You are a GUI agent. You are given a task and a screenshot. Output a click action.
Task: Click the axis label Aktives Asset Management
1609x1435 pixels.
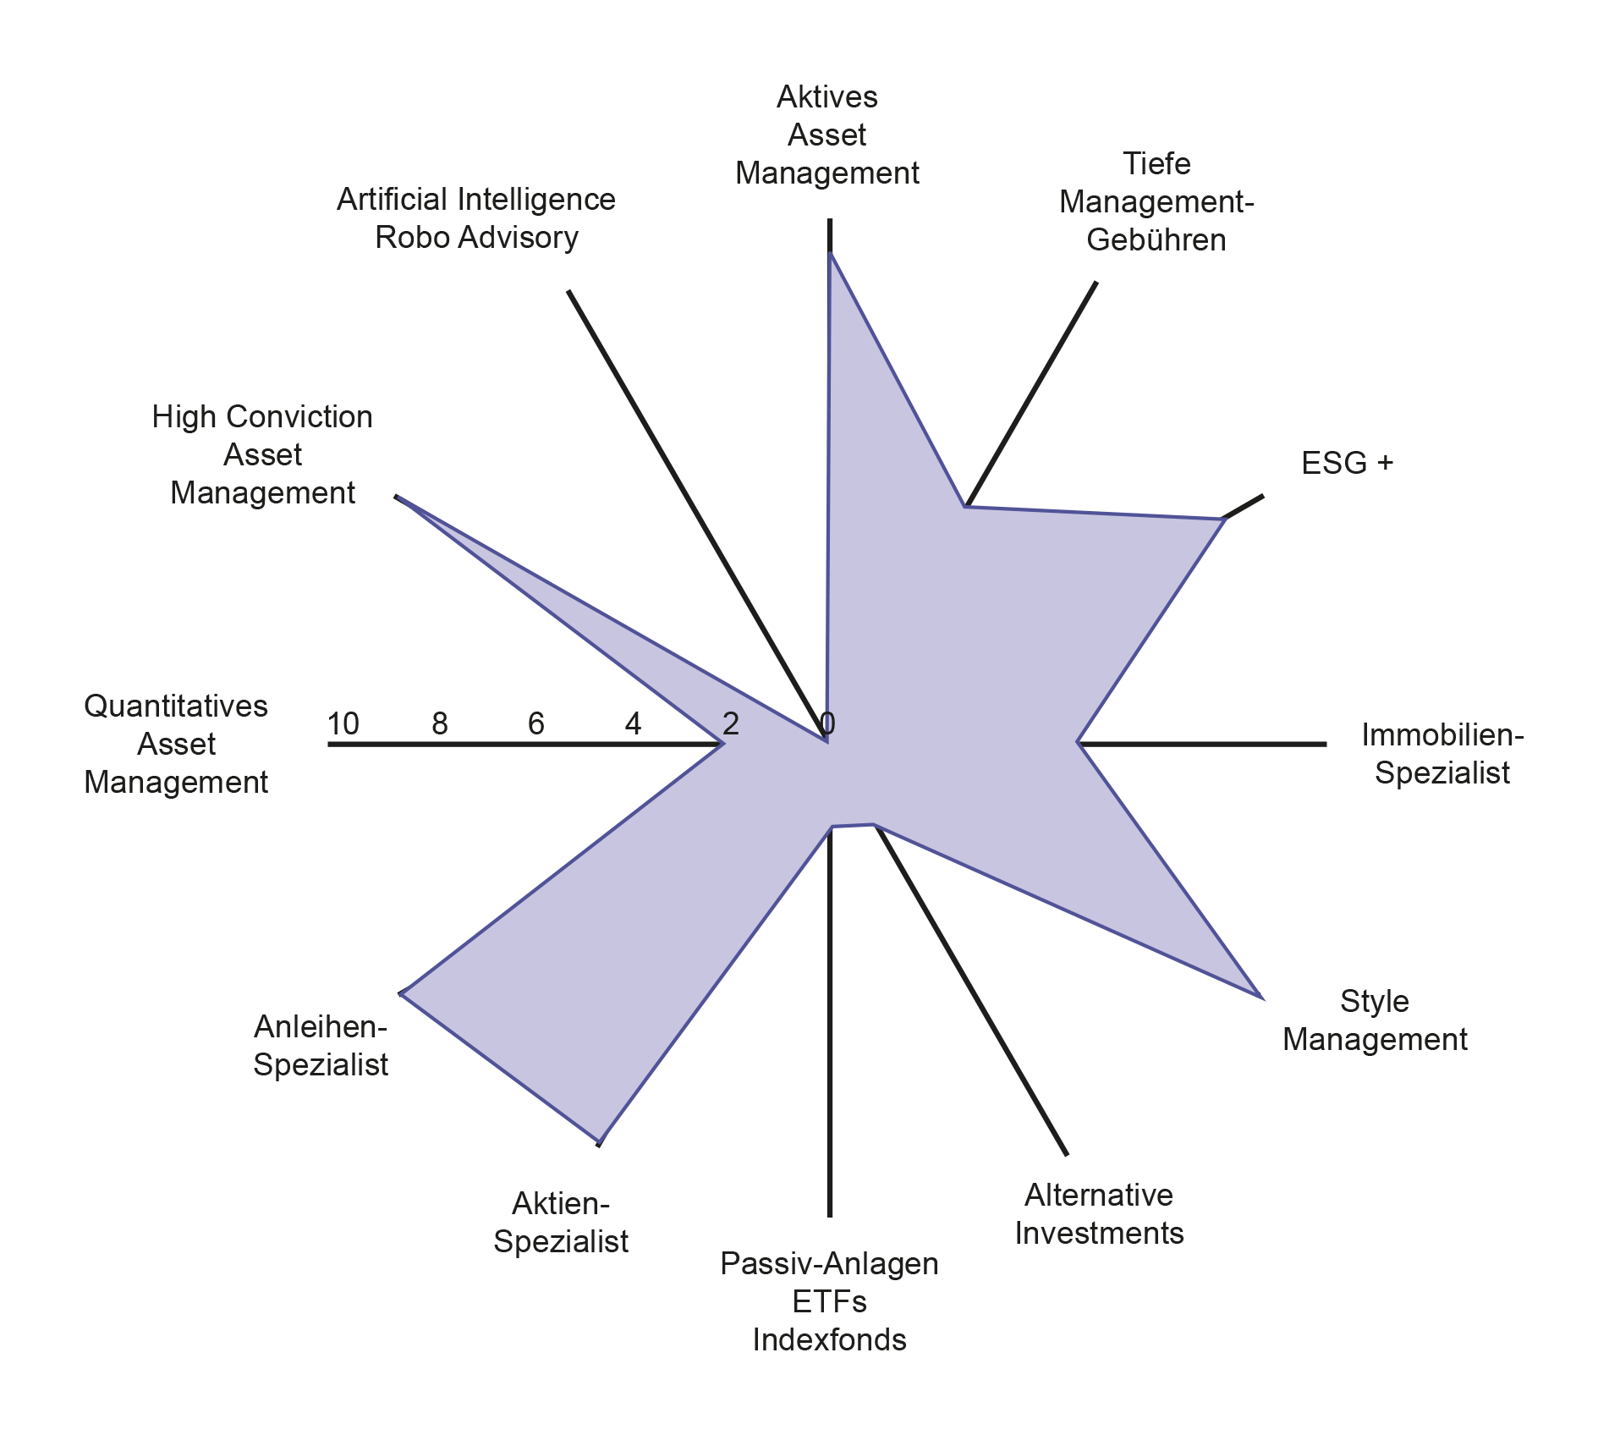827,135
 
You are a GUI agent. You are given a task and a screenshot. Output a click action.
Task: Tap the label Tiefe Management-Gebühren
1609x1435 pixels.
1156,201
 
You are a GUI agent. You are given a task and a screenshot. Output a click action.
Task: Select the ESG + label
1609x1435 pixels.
1347,463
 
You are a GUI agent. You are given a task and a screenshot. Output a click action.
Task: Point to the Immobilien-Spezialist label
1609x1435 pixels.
1442,754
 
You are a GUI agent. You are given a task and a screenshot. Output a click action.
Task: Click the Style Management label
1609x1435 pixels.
1375,1020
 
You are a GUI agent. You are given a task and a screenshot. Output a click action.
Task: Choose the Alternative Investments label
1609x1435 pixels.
1099,1214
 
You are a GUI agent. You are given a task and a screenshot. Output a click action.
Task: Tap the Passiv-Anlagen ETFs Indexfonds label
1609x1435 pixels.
829,1301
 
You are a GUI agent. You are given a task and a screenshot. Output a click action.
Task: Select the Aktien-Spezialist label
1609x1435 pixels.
561,1223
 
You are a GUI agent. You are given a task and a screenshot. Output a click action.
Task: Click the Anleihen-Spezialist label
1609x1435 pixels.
321,1046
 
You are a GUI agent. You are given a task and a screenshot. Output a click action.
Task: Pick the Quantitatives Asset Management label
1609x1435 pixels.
176,744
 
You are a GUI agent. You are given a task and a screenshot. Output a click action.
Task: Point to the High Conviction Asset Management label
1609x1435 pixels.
262,454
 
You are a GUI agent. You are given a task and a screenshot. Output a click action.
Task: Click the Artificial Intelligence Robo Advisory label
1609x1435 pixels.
476,218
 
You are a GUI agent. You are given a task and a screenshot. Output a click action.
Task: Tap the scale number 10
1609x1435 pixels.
343,723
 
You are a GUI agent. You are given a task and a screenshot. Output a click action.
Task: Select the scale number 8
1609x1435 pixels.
440,723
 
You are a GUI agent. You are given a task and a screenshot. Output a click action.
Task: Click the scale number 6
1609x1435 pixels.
536,723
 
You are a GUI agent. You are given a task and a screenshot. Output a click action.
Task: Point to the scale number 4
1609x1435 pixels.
633,723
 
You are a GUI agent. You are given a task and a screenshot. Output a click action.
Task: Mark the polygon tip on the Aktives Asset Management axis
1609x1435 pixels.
831,253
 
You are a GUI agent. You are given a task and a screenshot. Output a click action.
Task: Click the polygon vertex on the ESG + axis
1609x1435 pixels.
1223,519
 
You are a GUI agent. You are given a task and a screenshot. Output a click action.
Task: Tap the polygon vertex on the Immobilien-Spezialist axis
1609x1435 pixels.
1079,743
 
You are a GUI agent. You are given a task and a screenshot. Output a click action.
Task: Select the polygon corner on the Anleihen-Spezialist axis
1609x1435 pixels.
402,992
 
